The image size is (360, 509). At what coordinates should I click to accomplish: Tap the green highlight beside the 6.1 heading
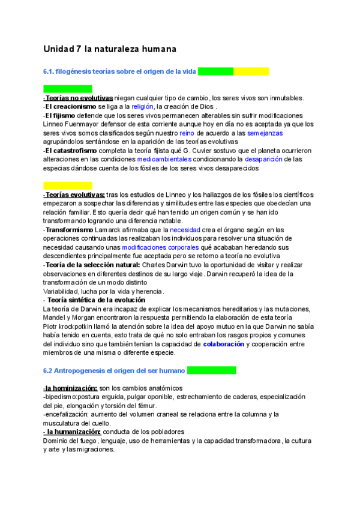click(x=215, y=71)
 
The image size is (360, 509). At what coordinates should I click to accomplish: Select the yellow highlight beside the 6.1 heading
click(x=251, y=71)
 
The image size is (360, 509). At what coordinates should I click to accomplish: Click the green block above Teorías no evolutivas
click(x=68, y=89)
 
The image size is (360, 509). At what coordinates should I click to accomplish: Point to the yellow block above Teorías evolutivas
click(x=68, y=185)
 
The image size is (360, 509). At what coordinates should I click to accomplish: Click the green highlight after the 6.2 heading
click(x=211, y=370)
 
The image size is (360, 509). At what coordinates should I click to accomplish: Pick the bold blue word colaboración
click(x=223, y=344)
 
